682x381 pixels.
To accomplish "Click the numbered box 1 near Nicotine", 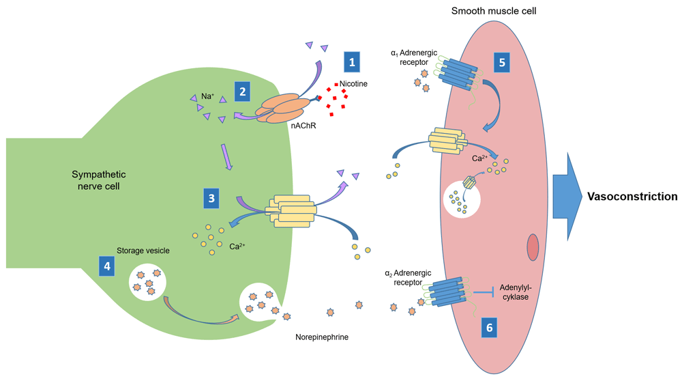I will point(352,61).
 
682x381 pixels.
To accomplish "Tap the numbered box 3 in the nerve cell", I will point(213,198).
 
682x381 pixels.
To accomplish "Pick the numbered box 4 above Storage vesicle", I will point(106,266).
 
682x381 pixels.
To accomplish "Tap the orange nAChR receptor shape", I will point(282,109).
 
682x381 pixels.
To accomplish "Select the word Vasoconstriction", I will point(632,196).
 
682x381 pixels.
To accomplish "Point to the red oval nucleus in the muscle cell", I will point(533,248).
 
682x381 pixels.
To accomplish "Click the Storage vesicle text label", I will point(143,251).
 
